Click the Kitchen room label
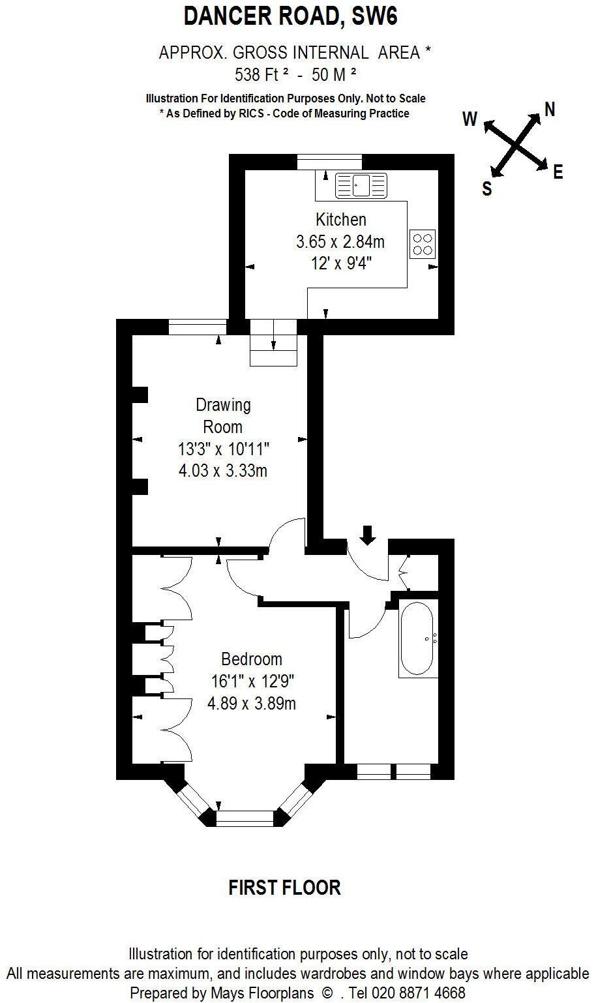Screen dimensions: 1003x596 click(x=341, y=220)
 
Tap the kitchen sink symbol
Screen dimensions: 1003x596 click(x=361, y=186)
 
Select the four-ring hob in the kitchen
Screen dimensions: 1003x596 click(x=423, y=243)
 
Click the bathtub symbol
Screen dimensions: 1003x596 click(x=417, y=638)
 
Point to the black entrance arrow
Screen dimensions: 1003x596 click(x=368, y=535)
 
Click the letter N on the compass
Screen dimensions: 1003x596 click(x=550, y=110)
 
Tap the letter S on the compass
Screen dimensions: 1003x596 click(x=486, y=189)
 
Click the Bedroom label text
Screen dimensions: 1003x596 click(x=252, y=659)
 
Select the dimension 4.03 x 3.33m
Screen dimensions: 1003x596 click(x=223, y=470)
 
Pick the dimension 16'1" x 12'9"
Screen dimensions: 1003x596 click(x=252, y=681)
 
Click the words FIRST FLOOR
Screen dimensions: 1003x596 click(x=285, y=888)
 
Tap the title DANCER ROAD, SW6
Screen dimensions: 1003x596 click(x=291, y=16)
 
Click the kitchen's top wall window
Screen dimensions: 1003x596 click(x=329, y=162)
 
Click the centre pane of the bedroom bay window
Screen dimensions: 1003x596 click(x=245, y=818)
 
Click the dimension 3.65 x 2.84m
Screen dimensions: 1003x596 click(x=340, y=242)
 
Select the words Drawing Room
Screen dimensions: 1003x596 click(x=223, y=416)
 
